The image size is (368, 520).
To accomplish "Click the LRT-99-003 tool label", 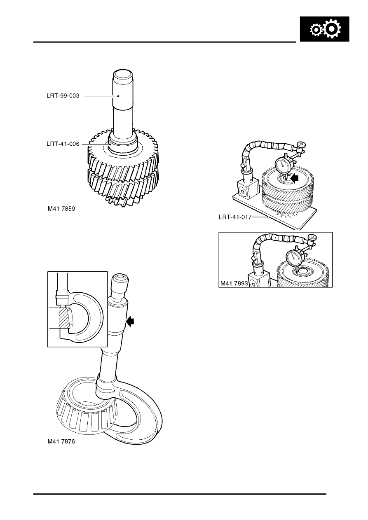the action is coord(63,96).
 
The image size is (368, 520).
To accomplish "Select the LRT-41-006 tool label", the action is coord(63,144).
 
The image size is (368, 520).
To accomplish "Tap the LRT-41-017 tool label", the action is coord(235,217).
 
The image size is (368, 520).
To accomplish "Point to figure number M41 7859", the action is coord(61,209).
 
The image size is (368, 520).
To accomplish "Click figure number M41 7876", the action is coord(61,441).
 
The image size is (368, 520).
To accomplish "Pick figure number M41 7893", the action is coord(234,283).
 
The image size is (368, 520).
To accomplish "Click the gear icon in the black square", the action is coord(325,29).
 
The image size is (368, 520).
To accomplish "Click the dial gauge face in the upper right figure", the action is coord(282,165).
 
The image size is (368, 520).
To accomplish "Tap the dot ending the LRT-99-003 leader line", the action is coord(119,96).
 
